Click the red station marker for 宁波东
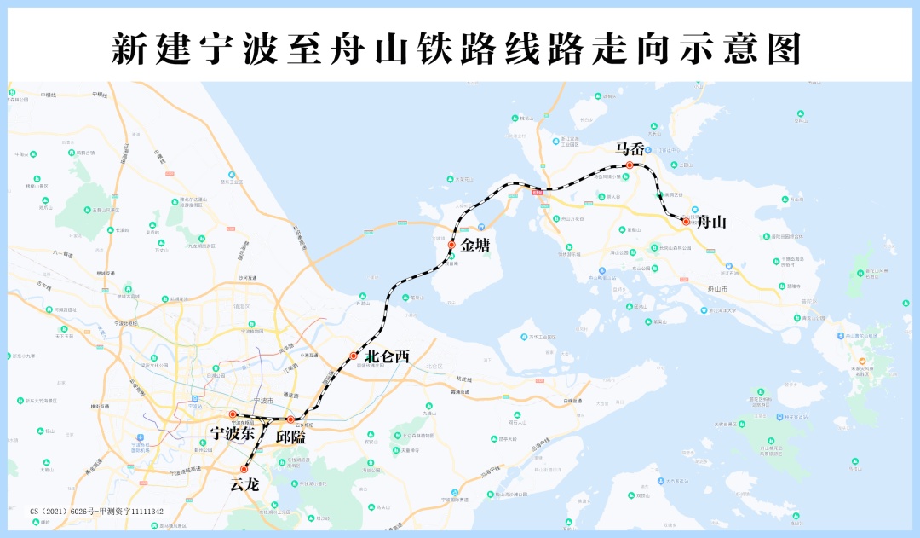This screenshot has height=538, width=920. click(232, 414)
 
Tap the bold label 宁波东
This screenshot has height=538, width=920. click(233, 433)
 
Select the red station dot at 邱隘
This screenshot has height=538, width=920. click(290, 419)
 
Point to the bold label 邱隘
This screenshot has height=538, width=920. click(291, 437)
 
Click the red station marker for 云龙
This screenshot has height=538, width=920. click(244, 469)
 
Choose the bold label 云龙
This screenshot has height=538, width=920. click(244, 486)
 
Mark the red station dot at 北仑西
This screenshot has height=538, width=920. click(354, 356)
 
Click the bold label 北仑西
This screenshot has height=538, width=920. click(387, 357)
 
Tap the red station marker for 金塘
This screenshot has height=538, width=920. click(451, 245)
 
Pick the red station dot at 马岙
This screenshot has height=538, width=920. click(630, 165)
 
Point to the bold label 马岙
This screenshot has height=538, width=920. click(630, 148)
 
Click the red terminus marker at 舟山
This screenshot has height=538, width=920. click(686, 222)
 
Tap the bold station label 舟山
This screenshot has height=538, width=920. click(711, 223)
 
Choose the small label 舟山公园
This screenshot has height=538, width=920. click(619, 252)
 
